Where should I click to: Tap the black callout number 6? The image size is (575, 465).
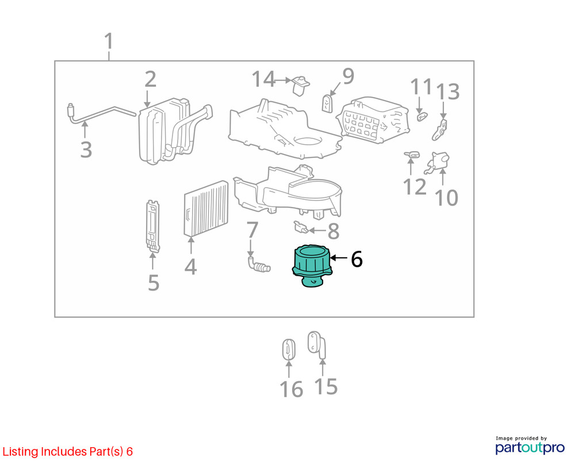[357, 259]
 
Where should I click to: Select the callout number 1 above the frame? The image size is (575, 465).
[109, 41]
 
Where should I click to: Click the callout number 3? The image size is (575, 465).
[86, 149]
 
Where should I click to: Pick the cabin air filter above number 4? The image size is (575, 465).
[206, 208]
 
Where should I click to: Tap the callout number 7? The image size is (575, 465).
[252, 230]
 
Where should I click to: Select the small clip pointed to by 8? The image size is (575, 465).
[301, 228]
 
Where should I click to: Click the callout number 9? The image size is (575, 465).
[348, 76]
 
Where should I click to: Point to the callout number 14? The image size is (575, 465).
[263, 79]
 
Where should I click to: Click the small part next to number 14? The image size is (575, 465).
[300, 86]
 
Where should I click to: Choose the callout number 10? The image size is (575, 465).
[446, 197]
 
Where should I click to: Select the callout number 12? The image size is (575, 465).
[415, 187]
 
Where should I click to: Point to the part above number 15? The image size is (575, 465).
[317, 344]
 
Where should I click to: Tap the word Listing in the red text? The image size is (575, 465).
[20, 452]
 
